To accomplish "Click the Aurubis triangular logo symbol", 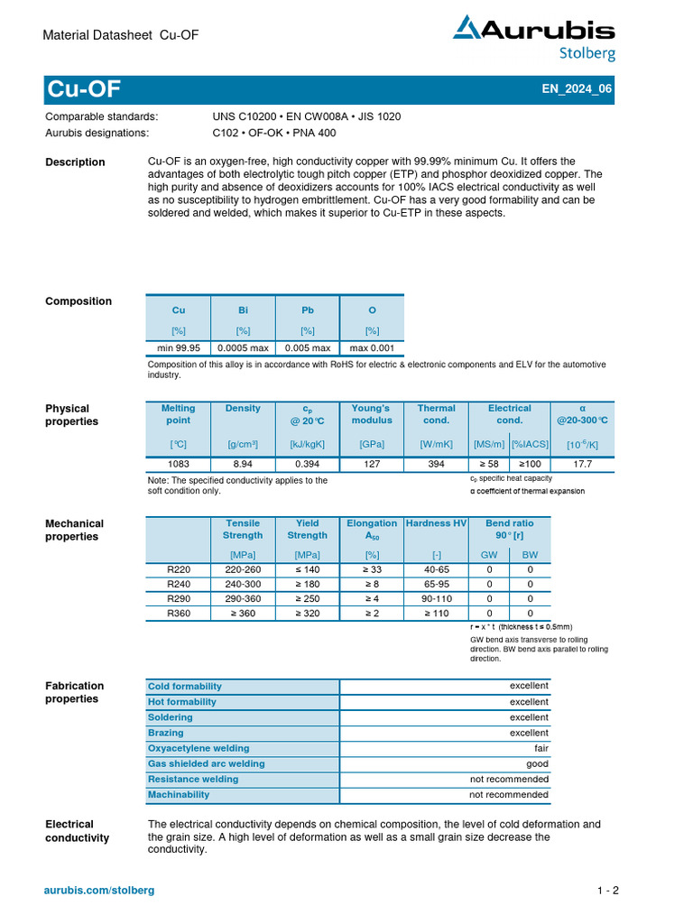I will click(x=467, y=27).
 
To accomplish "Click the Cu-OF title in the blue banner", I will click(x=83, y=90).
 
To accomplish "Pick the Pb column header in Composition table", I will click(x=308, y=310).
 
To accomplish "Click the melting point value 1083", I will click(x=178, y=463).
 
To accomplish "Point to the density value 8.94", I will click(x=243, y=463).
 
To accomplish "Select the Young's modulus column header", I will click(x=372, y=414).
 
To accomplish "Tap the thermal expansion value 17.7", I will click(x=582, y=463).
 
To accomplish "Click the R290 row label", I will click(x=179, y=599).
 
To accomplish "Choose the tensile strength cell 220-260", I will click(x=243, y=569).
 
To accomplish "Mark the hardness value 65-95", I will click(x=437, y=585).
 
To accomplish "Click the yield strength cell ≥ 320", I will click(x=308, y=614).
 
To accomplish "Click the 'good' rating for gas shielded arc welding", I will click(x=537, y=763).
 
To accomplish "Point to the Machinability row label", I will click(x=179, y=795).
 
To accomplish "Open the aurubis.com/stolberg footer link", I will click(x=99, y=891).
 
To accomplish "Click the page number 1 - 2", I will click(x=607, y=891).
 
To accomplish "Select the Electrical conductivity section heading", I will click(x=77, y=831).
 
